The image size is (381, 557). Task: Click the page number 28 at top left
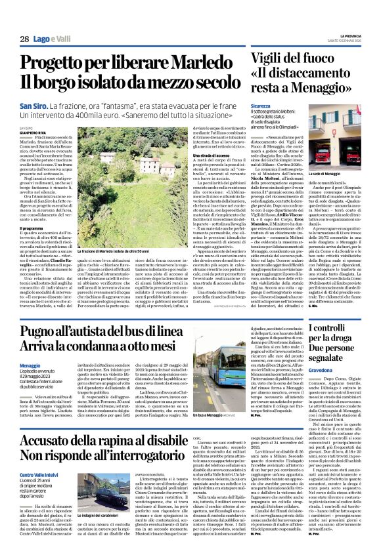(x=24, y=39)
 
